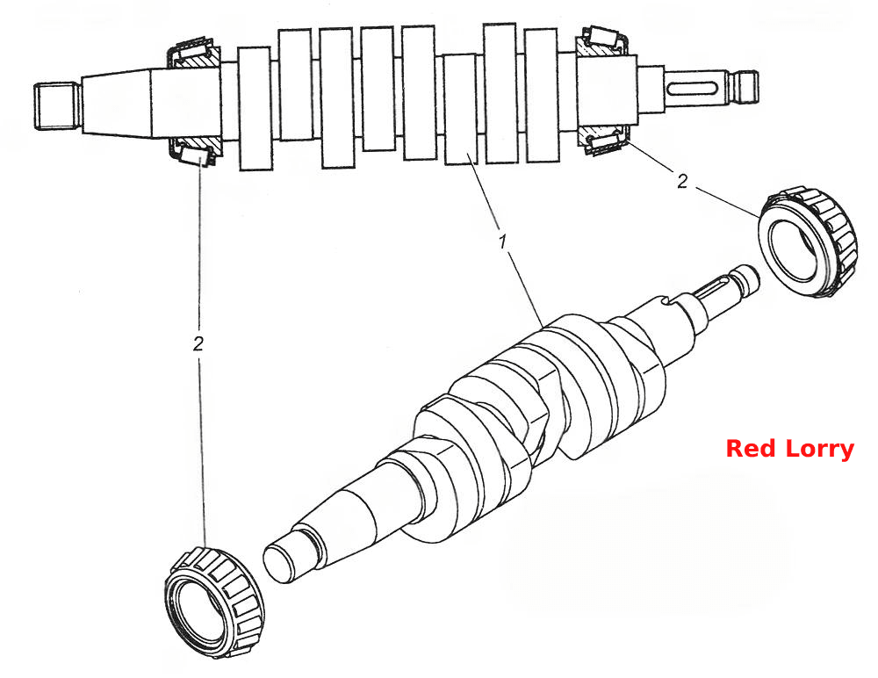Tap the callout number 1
[x=502, y=242]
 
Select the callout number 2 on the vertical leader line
[x=198, y=344]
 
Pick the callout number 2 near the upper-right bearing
[x=681, y=182]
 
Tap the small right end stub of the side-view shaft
[x=745, y=88]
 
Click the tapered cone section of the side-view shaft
[x=117, y=103]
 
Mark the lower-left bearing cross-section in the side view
[x=195, y=150]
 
